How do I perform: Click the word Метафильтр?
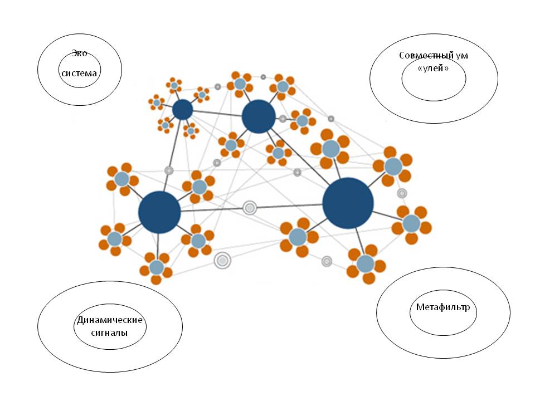[x=443, y=307]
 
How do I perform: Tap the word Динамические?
[x=110, y=320]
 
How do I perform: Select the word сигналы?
[x=110, y=332]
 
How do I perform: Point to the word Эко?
[x=79, y=55]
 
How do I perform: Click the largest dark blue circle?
[x=348, y=203]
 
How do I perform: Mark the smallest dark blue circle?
[x=182, y=110]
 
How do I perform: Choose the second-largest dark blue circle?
[x=159, y=212]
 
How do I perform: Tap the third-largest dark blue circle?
[x=259, y=117]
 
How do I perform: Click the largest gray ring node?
[x=222, y=260]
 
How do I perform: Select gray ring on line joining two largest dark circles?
[x=250, y=208]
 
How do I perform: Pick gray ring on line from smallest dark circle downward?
[x=169, y=170]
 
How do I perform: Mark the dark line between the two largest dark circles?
[x=212, y=210]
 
